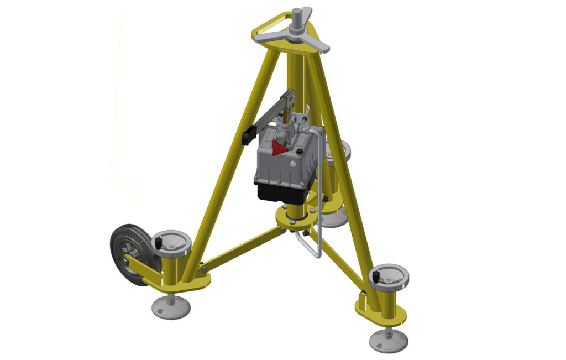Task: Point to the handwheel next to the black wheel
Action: coord(172,242)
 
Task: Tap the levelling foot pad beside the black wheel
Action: coord(171,307)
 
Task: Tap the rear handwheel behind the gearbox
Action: coord(338,150)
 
